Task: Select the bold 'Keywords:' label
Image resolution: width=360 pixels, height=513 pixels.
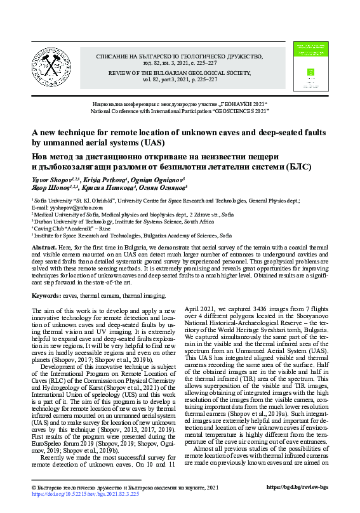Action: tap(46, 296)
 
